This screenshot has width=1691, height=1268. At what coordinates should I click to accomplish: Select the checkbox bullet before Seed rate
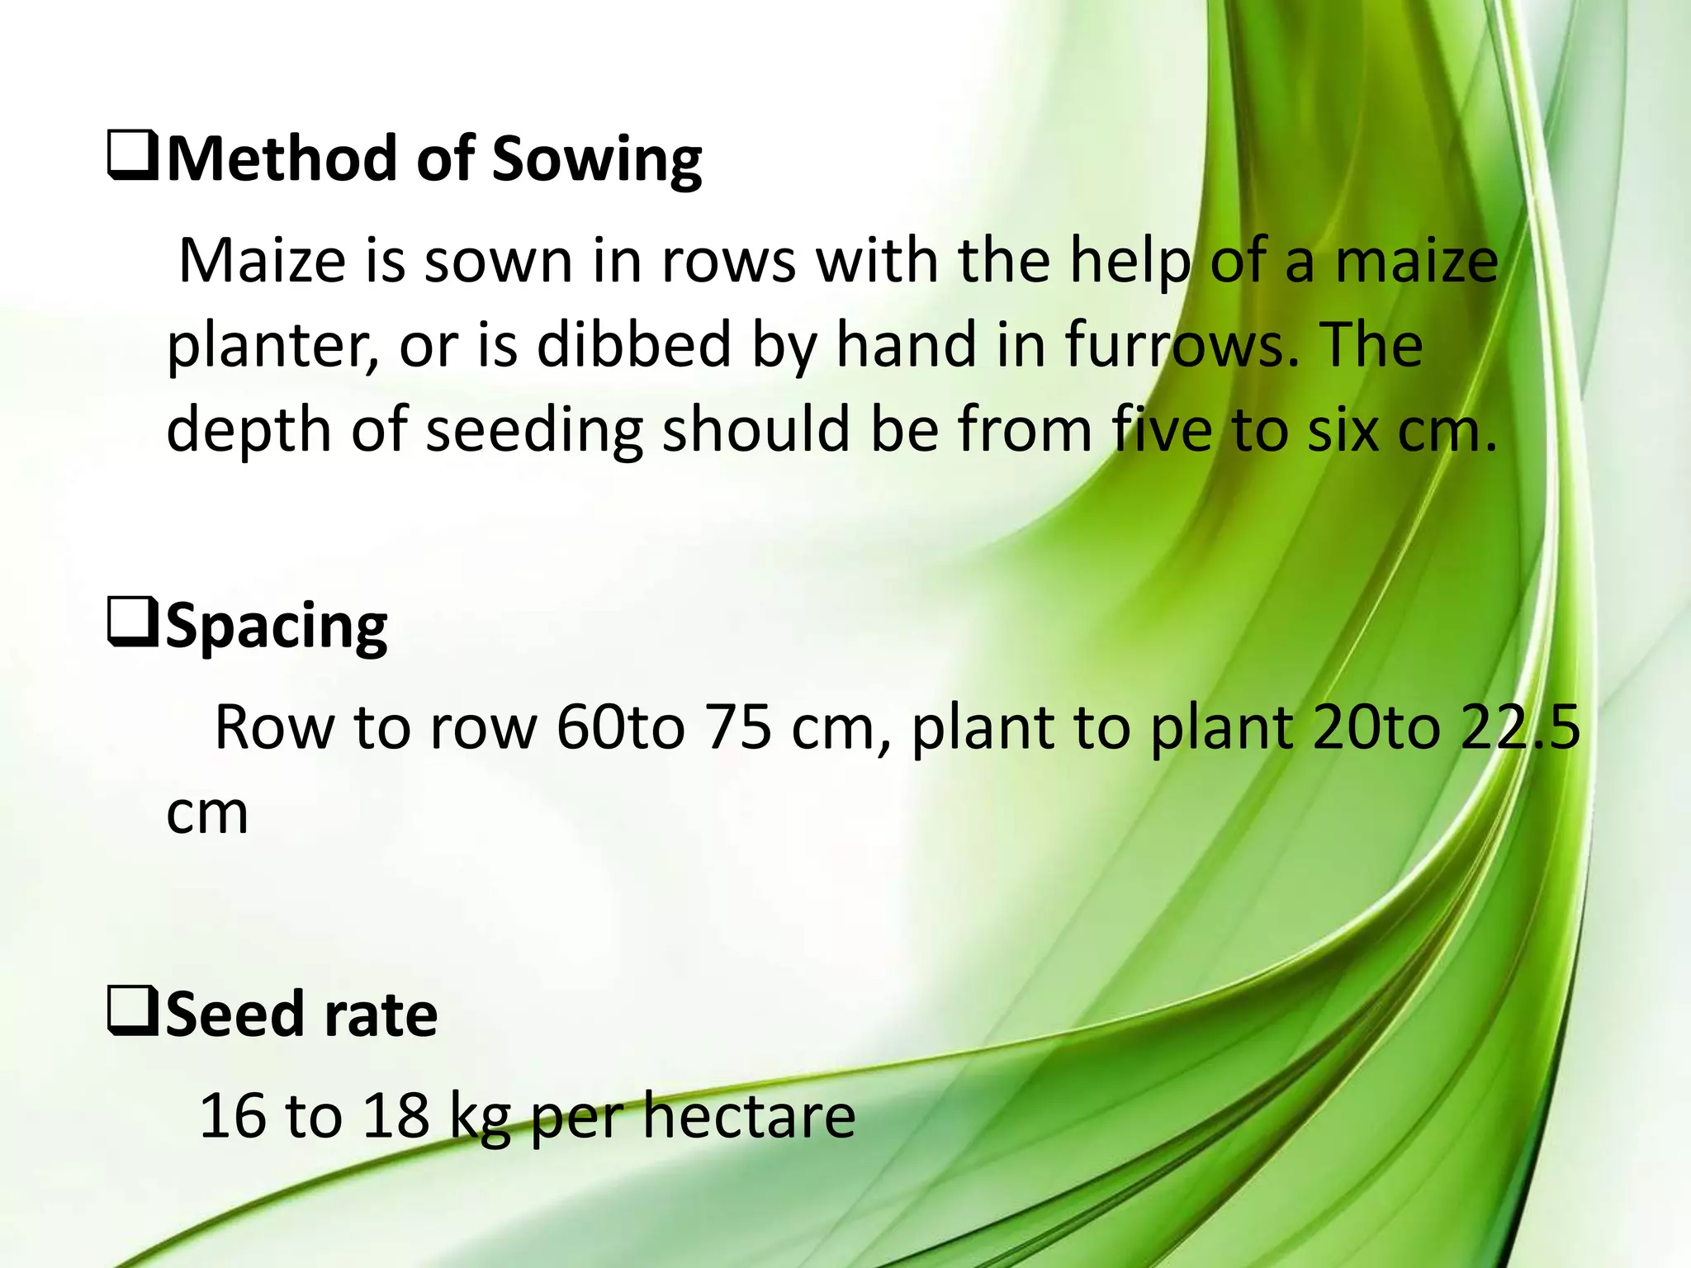click(132, 1015)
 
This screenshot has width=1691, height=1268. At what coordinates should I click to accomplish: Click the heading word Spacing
click(277, 628)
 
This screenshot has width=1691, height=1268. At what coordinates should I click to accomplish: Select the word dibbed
click(634, 345)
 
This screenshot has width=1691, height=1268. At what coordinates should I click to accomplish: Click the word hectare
click(749, 1116)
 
